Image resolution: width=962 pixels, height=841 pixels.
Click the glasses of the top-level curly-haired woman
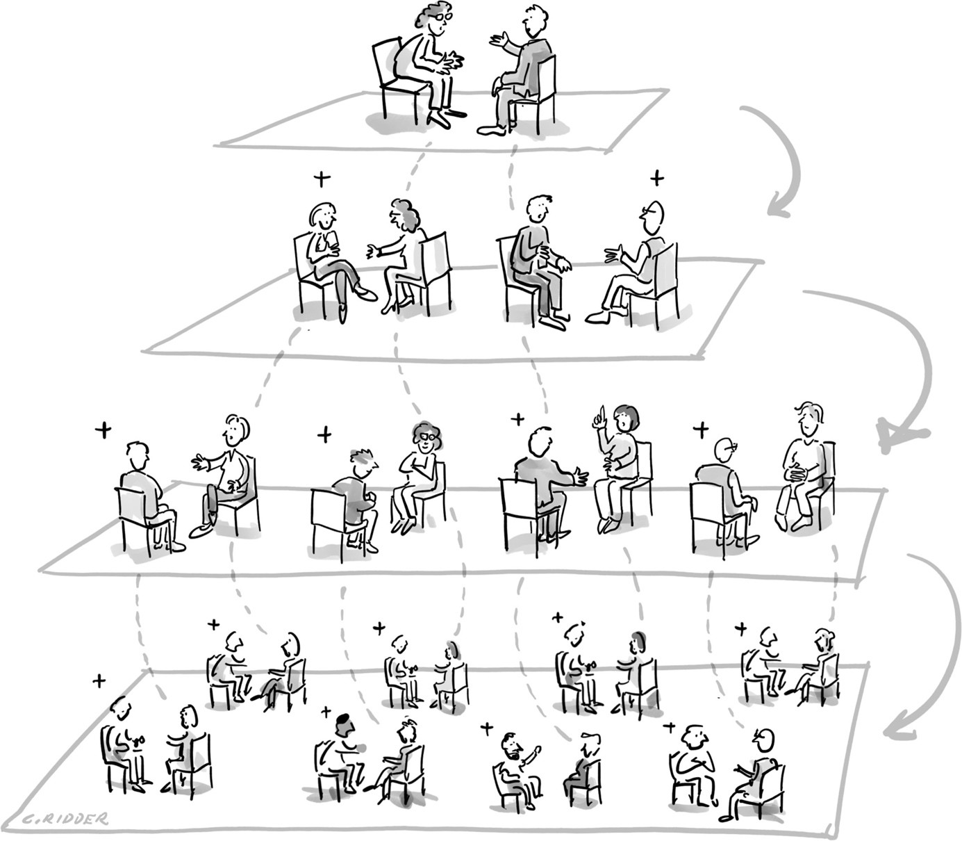coord(442,16)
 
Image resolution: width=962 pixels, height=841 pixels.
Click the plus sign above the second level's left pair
coord(322,178)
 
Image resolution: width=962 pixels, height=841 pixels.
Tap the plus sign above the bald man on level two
coord(657,178)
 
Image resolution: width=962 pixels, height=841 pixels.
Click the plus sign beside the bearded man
coord(487,729)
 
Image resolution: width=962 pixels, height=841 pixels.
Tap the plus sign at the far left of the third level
coord(103,430)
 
